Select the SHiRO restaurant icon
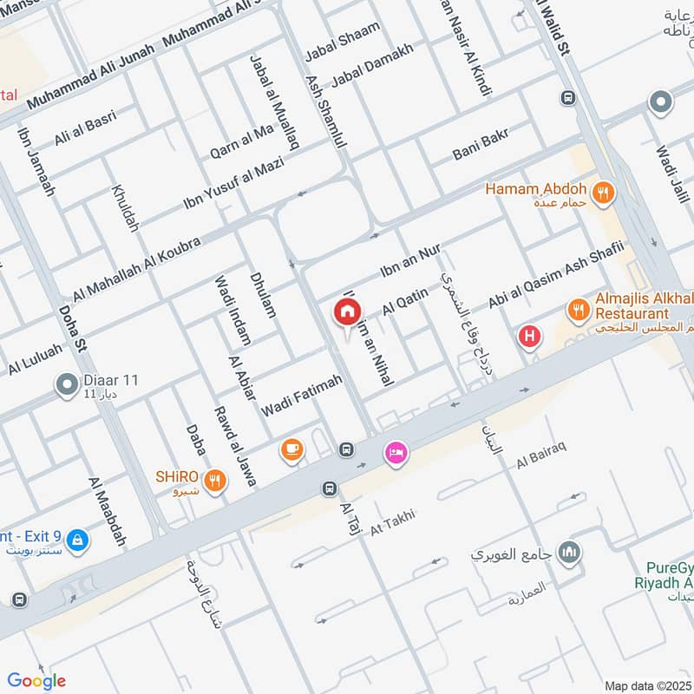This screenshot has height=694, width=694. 216,479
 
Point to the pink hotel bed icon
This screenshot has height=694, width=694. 396,453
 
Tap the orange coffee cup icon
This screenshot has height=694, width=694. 291,449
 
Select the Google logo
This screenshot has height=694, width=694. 36,681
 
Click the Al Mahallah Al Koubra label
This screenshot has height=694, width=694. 136,268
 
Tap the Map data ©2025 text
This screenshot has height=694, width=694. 646,685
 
